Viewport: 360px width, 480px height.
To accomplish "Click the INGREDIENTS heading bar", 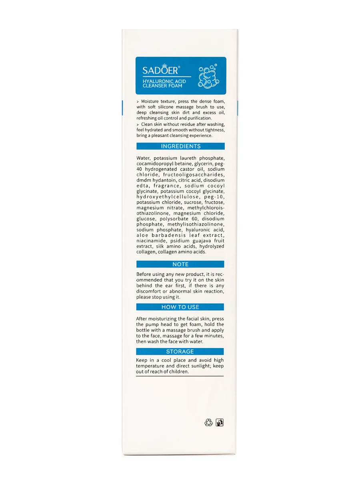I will click(180, 146).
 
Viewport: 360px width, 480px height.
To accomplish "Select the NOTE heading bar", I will click(180, 264).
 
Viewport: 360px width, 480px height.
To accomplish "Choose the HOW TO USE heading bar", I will click(180, 307).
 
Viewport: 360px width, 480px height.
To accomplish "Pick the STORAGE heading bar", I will click(180, 352).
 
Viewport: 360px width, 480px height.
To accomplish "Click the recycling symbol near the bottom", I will click(208, 422).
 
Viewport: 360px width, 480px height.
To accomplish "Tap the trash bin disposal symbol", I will click(220, 422).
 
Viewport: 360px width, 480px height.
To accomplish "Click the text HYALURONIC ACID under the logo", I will click(164, 81).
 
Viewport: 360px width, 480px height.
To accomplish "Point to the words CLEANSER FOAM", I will click(162, 86).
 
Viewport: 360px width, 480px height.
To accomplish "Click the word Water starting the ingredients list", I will click(143, 158).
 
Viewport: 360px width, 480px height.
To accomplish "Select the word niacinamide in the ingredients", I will click(152, 241).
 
